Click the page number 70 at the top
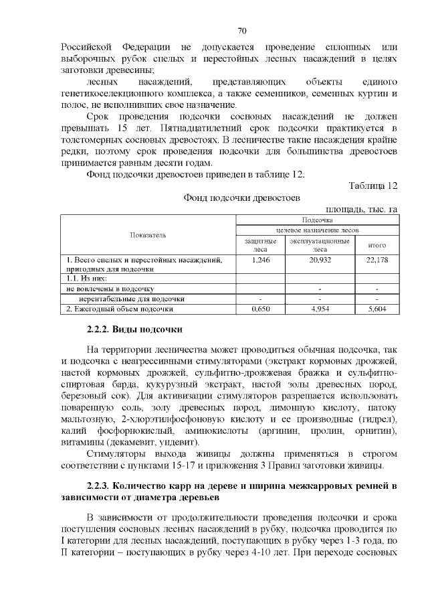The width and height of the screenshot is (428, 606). [243, 31]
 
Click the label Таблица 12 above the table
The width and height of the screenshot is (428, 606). [373, 185]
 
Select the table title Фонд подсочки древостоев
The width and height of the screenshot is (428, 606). [241, 198]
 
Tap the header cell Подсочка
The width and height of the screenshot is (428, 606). [317, 220]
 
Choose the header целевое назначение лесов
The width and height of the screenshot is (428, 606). [317, 229]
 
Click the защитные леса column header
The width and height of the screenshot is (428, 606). [259, 244]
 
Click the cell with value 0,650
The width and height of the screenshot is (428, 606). [259, 309]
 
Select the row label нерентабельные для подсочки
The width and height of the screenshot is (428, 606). [131, 299]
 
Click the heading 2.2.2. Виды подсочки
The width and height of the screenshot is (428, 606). [134, 329]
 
